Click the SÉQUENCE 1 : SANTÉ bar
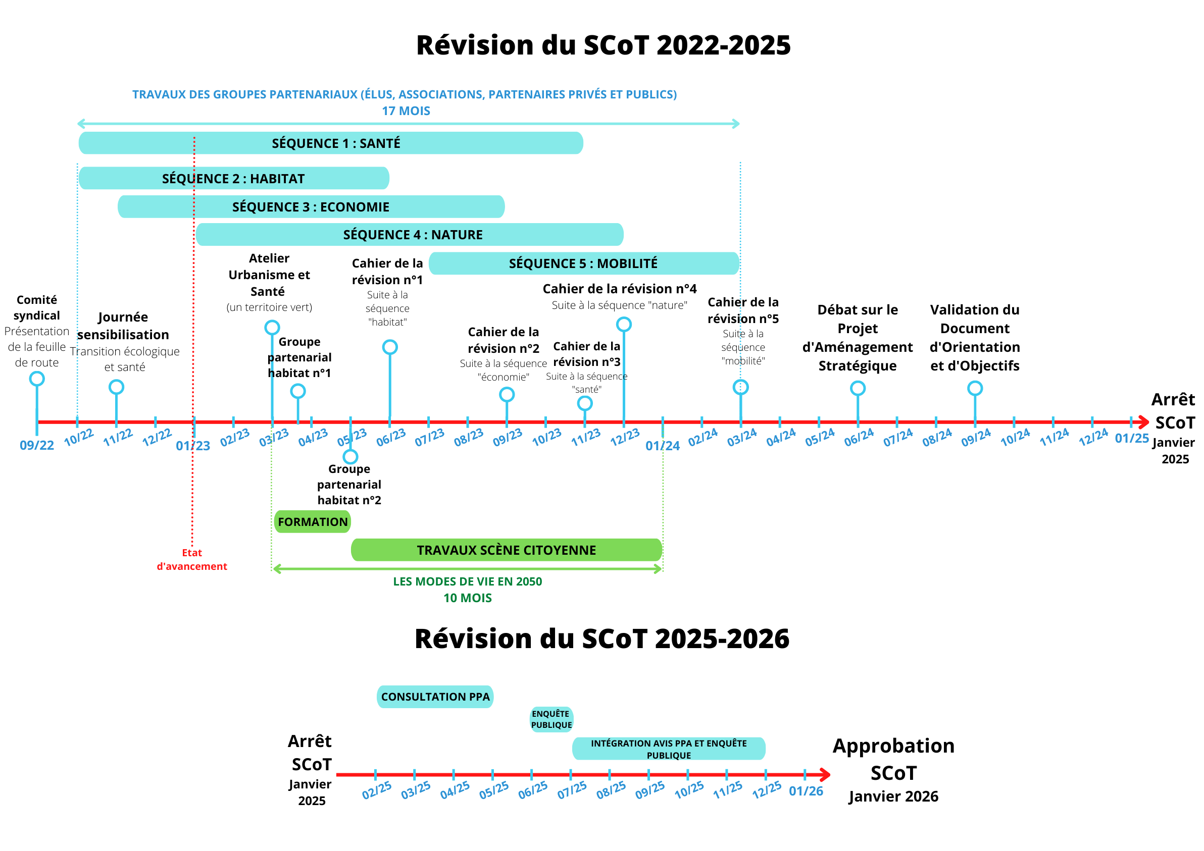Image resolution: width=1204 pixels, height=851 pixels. pos(331,143)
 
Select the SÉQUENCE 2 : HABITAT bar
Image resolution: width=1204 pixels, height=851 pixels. pos(234,178)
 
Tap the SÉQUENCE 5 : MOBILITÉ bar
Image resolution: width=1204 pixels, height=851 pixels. pos(584,263)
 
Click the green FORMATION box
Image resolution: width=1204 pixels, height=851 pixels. pos(313,522)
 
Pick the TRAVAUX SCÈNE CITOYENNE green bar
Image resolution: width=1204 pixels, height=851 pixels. pos(507,550)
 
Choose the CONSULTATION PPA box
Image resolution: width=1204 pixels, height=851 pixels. pos(435,697)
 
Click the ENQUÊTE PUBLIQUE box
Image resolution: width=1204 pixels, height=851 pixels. pos(551,719)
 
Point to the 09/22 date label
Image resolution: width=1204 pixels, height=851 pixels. pos(37,445)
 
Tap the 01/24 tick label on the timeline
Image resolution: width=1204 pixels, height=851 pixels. pos(663,446)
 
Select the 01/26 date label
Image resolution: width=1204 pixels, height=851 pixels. pos(806,791)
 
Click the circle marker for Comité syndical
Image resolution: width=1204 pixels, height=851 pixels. pos(37,379)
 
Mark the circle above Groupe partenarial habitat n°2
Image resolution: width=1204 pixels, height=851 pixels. pos(350,456)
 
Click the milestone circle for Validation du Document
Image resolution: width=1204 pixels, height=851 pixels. pos(975,388)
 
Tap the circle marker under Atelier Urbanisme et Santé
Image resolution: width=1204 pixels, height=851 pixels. pos(272,328)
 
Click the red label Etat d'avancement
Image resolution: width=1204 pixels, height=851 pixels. pos(192,560)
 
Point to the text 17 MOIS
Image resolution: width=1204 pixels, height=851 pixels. pos(406,111)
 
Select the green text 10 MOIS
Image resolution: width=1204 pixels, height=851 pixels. pos(468,598)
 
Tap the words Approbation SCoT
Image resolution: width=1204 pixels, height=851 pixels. pos(893,759)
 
